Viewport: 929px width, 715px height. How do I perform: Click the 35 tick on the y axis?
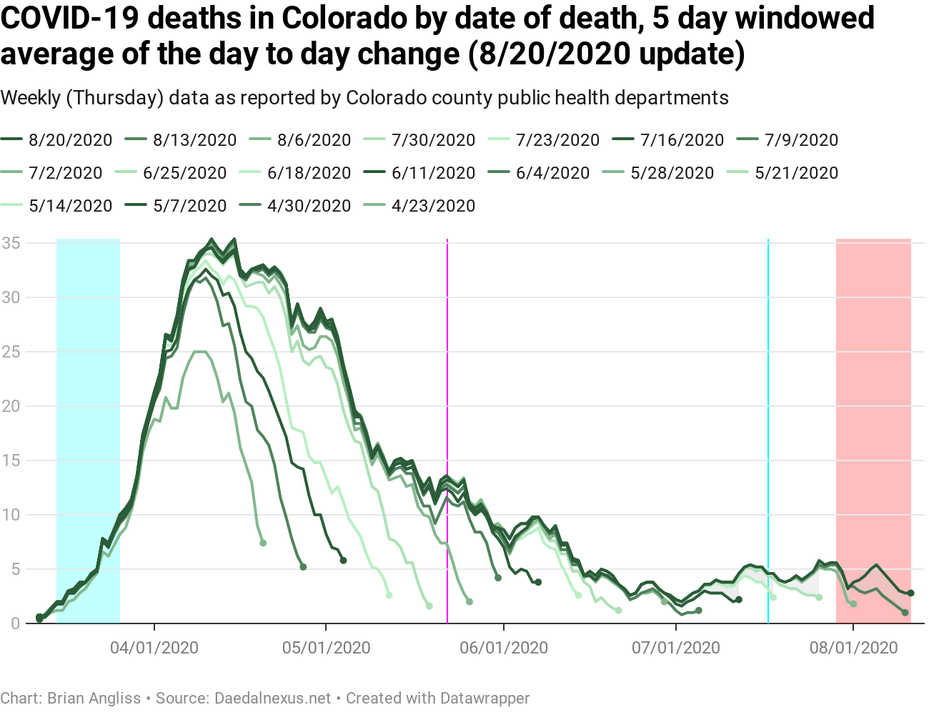click(x=11, y=243)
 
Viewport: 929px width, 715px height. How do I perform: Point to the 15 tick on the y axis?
click(x=11, y=460)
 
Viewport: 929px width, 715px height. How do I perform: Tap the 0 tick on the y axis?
click(x=15, y=623)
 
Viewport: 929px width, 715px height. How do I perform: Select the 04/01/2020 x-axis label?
click(x=154, y=648)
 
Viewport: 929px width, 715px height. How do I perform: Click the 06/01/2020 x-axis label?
click(x=504, y=648)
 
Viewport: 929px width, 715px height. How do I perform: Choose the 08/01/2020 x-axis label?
click(x=854, y=648)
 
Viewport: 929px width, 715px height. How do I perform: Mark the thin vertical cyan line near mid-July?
click(x=768, y=357)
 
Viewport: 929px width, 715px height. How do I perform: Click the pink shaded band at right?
click(x=873, y=357)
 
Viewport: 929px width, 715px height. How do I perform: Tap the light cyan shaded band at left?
click(x=88, y=357)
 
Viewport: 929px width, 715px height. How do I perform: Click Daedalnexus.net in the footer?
click(x=273, y=698)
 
